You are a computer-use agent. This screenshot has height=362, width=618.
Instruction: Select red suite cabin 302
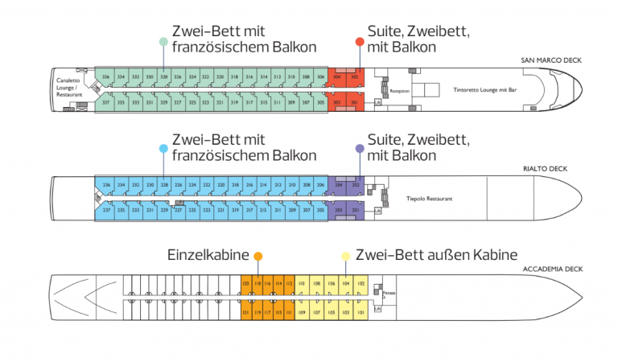(355, 77)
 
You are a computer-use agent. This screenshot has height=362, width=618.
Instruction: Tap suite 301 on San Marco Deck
(355, 103)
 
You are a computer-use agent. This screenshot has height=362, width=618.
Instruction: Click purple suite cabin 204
(339, 184)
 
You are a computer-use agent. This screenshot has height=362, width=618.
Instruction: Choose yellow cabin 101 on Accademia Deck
(360, 311)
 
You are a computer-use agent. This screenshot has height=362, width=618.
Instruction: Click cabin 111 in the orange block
(288, 311)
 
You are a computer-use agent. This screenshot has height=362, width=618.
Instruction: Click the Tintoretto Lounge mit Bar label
(485, 90)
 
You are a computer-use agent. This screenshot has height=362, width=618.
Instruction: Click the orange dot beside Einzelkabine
(257, 256)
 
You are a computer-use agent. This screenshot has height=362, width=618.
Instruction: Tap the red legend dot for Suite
(360, 42)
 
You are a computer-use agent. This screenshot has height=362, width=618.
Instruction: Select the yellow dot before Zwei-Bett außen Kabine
(345, 256)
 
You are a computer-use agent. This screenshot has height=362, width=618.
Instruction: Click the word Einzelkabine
(207, 255)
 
